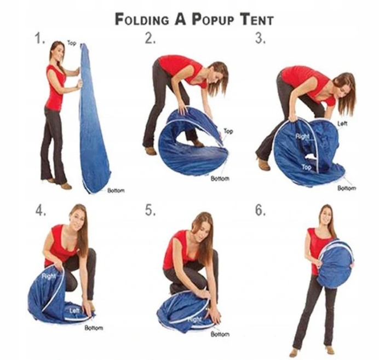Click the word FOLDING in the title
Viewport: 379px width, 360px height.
(142, 20)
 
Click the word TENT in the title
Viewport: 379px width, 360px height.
(257, 19)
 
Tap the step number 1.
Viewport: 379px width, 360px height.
(40, 38)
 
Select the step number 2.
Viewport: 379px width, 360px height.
(150, 38)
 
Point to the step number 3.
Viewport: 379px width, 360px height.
(260, 38)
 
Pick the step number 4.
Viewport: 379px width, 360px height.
(41, 211)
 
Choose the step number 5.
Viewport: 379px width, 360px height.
(151, 211)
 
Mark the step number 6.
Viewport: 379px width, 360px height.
(261, 211)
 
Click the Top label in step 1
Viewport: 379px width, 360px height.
(72, 43)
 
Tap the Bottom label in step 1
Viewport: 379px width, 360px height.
(116, 190)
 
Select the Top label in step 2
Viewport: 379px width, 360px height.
(228, 131)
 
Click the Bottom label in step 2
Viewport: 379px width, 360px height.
(220, 178)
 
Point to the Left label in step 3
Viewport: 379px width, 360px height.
(342, 124)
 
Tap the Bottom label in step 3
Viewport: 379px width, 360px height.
(347, 188)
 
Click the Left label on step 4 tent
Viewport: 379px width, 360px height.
(74, 310)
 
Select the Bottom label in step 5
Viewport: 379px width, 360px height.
(220, 334)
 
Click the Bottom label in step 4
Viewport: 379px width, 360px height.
(94, 328)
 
